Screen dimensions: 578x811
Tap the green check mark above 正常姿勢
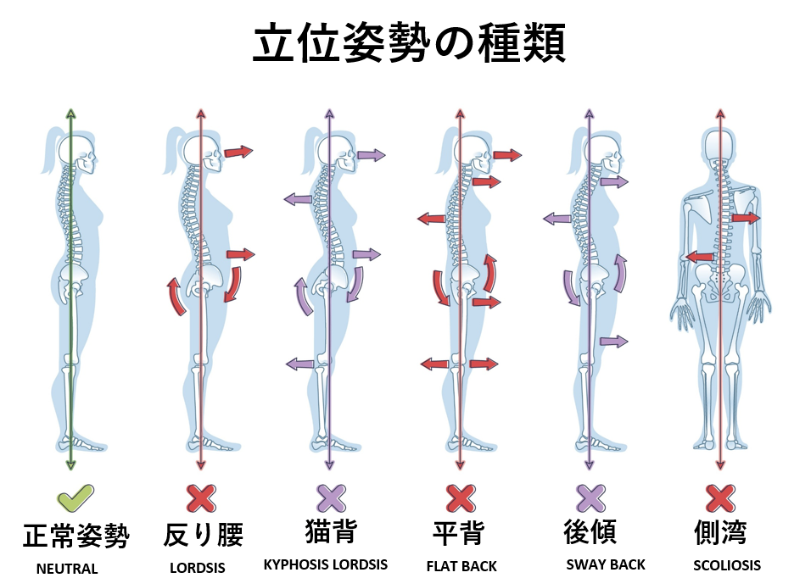pyautogui.click(x=74, y=498)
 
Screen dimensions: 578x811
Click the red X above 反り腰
pyautogui.click(x=201, y=498)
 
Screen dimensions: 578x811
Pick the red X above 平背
pyautogui.click(x=459, y=498)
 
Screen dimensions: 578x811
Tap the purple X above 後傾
pyautogui.click(x=590, y=498)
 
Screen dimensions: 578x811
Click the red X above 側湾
pyautogui.click(x=719, y=498)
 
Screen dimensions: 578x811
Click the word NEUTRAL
pyautogui.click(x=67, y=569)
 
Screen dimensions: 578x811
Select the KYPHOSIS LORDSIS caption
pyautogui.click(x=326, y=564)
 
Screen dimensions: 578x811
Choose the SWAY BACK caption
pyautogui.click(x=606, y=564)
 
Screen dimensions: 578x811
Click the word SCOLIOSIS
pyautogui.click(x=727, y=565)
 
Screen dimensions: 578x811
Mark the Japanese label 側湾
pyautogui.click(x=720, y=533)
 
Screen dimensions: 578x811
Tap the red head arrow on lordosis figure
pyautogui.click(x=239, y=152)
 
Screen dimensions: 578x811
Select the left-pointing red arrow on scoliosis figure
pyautogui.click(x=699, y=256)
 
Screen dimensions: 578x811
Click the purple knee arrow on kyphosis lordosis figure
pyautogui.click(x=299, y=364)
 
